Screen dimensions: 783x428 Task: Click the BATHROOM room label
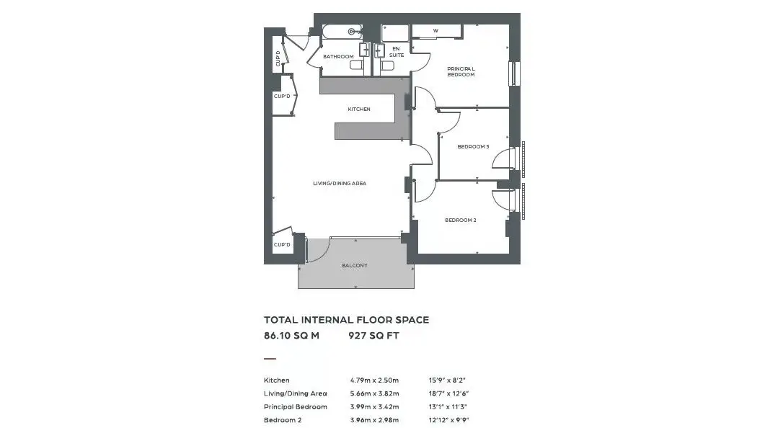point(338,56)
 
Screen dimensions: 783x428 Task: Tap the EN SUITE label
point(397,52)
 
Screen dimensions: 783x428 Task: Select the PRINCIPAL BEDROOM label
point(461,72)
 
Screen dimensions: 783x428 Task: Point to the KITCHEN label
point(359,110)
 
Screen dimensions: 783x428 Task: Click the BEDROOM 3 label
point(473,147)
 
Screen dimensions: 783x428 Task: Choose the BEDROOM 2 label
point(461,220)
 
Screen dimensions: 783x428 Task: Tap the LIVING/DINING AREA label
point(340,184)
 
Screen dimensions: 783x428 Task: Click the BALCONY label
point(355,265)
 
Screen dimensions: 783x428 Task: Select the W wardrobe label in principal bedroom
point(435,31)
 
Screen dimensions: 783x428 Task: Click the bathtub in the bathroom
point(342,32)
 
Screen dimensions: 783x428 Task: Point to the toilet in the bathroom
point(357,66)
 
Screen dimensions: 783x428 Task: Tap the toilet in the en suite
point(387,66)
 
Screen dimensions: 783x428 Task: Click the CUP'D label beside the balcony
point(282,245)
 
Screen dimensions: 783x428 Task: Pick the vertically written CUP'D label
point(278,58)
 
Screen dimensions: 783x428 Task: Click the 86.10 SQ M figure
point(291,336)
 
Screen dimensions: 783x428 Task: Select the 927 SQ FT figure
point(374,336)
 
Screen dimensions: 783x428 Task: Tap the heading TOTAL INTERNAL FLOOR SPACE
point(347,320)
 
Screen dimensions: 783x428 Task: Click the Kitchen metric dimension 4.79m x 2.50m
point(374,380)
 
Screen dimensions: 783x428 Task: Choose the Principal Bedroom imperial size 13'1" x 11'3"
point(448,407)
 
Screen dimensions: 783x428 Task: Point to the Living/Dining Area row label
point(296,393)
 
